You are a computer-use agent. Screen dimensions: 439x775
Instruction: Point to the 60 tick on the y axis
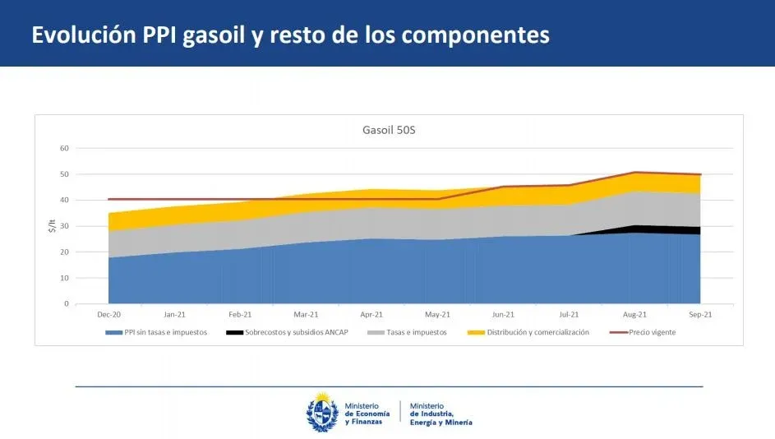[63, 149]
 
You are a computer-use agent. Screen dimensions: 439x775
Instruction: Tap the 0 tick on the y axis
[66, 304]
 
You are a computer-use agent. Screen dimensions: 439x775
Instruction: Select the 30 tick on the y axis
[63, 226]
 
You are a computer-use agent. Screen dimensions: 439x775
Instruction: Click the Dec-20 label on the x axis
[108, 314]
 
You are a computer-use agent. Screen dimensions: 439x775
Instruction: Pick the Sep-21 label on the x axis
[700, 314]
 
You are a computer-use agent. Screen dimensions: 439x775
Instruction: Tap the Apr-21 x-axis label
[371, 314]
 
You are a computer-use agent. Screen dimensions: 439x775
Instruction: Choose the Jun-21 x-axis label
[503, 314]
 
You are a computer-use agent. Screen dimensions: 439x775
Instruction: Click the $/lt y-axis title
[49, 227]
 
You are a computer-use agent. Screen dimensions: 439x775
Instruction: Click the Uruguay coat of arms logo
[321, 412]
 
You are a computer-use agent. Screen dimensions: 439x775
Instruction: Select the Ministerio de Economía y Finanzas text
[362, 414]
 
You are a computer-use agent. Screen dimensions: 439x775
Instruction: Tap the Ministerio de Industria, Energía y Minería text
[441, 414]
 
